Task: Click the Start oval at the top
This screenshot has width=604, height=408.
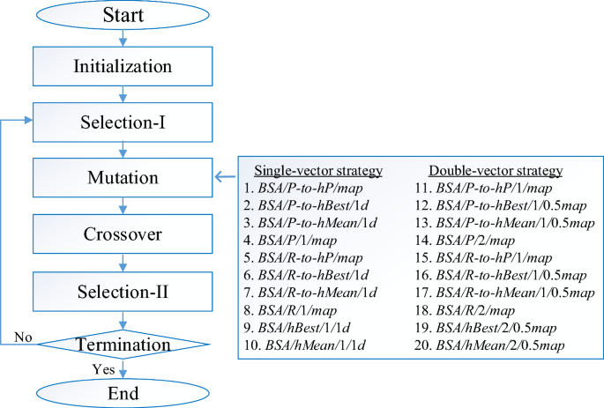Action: point(123,15)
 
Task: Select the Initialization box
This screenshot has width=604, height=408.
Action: point(123,65)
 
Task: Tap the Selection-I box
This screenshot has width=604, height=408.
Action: point(123,122)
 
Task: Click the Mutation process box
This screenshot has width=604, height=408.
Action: point(123,178)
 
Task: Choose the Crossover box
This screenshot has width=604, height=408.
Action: point(123,234)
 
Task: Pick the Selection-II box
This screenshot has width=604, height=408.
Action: point(123,291)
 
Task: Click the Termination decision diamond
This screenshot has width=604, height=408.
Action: point(123,343)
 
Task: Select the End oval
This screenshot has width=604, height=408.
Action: point(123,391)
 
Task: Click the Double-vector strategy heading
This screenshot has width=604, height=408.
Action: point(495,170)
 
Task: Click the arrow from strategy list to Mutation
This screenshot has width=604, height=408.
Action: point(226,178)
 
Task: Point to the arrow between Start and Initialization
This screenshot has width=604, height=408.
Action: point(123,37)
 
